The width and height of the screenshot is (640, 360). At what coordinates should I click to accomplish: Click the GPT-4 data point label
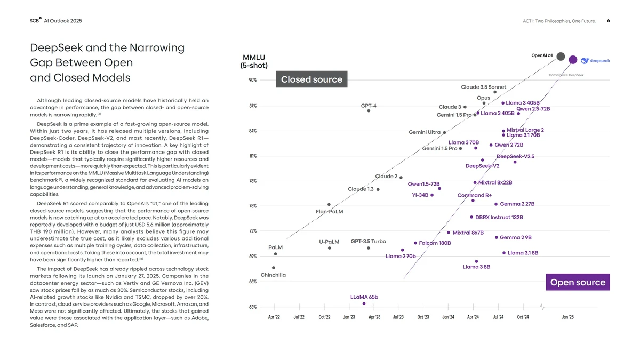[369, 106]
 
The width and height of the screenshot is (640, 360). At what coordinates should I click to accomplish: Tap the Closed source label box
[311, 79]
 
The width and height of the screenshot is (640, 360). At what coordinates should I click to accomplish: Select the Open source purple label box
[578, 282]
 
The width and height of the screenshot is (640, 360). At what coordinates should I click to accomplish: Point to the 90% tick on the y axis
[252, 80]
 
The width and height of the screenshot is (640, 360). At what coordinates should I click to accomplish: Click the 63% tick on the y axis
[252, 307]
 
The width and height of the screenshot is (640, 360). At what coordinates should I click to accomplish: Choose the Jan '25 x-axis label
[567, 317]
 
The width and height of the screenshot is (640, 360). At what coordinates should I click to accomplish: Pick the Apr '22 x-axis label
[274, 317]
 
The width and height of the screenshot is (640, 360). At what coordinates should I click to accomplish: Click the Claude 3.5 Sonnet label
[483, 87]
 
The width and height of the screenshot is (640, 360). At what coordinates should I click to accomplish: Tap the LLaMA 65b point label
[364, 297]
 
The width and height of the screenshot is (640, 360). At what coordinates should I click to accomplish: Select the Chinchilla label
[273, 275]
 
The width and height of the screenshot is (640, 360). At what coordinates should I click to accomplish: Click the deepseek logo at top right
[595, 60]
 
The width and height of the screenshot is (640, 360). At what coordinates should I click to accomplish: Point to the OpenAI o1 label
[542, 55]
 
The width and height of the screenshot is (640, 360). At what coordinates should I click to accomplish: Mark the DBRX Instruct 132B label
[499, 218]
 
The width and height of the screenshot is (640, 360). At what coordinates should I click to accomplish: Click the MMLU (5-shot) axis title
[254, 61]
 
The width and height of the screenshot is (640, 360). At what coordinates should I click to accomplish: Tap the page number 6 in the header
[609, 21]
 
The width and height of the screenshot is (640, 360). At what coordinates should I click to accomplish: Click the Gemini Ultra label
[425, 132]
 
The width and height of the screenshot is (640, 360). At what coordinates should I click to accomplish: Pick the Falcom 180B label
[435, 243]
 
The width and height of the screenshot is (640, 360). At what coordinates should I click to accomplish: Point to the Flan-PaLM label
[329, 212]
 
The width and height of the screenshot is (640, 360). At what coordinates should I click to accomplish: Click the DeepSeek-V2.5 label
[515, 156]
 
